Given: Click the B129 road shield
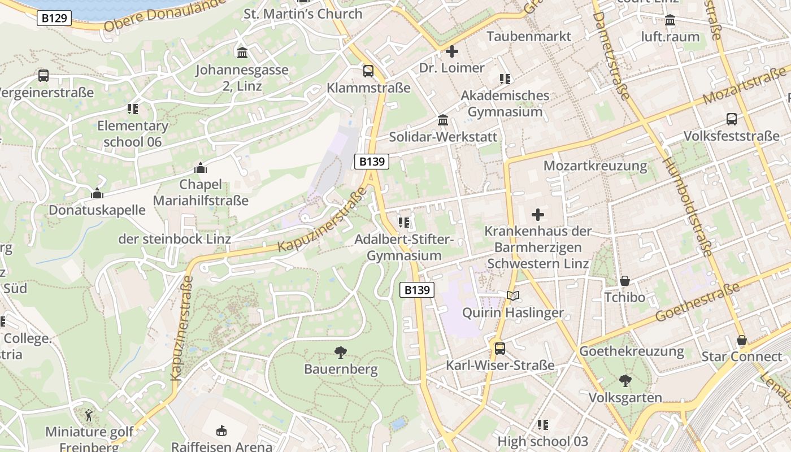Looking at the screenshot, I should [x=54, y=18].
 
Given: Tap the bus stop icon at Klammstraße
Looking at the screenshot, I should [x=368, y=71].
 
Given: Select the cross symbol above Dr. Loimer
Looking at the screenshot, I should [x=451, y=51].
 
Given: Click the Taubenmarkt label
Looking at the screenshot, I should [x=529, y=36].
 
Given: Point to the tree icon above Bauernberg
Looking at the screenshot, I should [x=341, y=353].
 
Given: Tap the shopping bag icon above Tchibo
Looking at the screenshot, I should [x=625, y=281].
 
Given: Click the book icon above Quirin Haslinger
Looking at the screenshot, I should [x=513, y=296].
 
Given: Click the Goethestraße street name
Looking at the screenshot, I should [x=698, y=302].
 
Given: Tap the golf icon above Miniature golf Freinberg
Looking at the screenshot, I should [x=89, y=416].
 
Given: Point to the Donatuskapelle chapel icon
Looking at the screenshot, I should [x=97, y=194].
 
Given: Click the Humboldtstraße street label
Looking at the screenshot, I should [x=688, y=207].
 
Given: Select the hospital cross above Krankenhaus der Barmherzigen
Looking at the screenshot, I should [x=538, y=215].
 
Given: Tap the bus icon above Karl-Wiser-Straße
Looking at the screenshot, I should [x=500, y=349].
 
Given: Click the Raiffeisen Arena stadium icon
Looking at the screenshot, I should [x=221, y=431].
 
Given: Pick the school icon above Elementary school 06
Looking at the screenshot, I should [x=133, y=109].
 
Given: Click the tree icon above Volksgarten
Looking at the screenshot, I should [x=625, y=381].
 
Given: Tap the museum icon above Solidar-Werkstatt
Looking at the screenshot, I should [x=443, y=120].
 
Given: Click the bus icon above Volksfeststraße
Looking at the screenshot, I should [x=732, y=119].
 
